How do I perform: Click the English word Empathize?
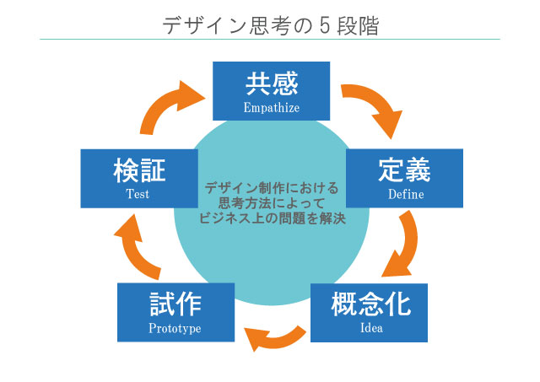coord(272,108)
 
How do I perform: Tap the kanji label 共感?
coord(272,83)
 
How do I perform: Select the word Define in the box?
coord(406,194)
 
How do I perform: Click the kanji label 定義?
coord(405,169)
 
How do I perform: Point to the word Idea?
coord(371,327)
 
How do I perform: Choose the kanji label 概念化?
coord(371,304)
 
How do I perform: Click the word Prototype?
coord(175,328)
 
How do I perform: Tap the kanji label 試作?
coord(175,304)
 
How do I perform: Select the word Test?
coord(138,194)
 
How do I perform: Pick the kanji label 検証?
coord(139,170)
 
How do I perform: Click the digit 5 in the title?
coord(325,25)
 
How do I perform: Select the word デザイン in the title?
coord(204,26)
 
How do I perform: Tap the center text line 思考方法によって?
coord(272,203)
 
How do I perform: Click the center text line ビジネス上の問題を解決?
coord(272,218)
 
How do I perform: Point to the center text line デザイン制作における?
coord(272,188)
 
